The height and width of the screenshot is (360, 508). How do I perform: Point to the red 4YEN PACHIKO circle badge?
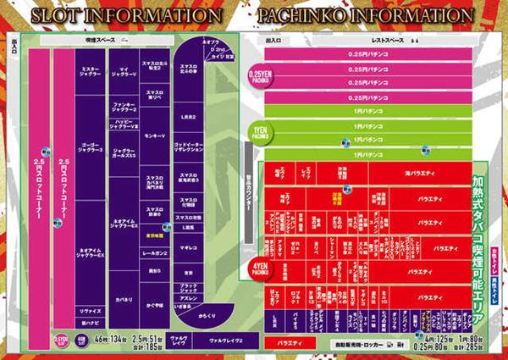(259, 269)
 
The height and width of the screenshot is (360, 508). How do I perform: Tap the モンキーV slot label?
(154, 135)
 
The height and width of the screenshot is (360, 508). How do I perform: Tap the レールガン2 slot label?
(154, 253)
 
